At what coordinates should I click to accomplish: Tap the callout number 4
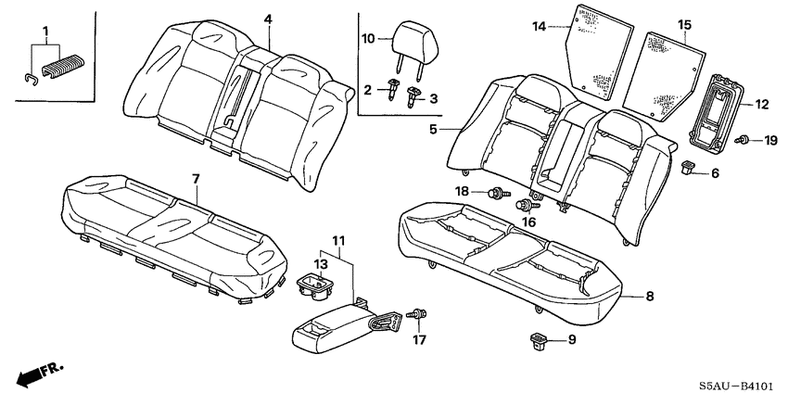(267, 19)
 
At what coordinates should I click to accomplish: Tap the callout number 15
(684, 24)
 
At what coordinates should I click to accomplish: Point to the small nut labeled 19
(744, 141)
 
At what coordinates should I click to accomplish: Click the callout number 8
(649, 298)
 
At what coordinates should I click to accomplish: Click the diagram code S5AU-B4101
(736, 380)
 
